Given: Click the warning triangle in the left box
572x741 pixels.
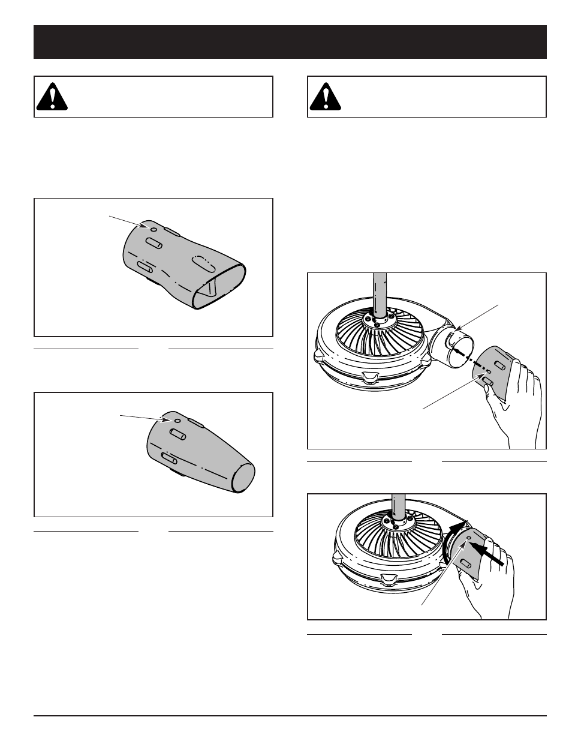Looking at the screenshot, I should (x=52, y=97).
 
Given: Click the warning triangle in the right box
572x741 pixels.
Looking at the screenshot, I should (x=326, y=97).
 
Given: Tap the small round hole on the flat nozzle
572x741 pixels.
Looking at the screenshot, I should (x=153, y=229).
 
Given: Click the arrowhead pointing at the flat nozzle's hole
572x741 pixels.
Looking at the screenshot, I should (x=144, y=226).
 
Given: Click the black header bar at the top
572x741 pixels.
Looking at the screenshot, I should (x=290, y=42).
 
